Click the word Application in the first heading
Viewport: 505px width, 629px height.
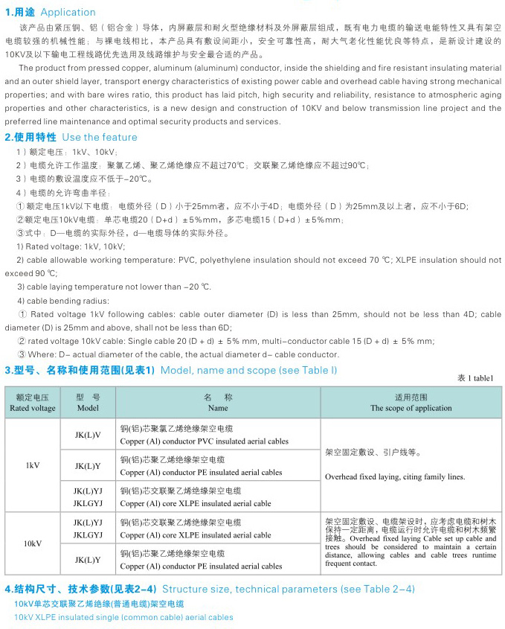(68, 12)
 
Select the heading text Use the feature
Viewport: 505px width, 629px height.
(100, 137)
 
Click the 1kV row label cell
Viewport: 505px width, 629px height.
(33, 465)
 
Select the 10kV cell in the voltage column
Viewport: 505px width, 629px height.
(33, 543)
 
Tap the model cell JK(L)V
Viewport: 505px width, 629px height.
(88, 434)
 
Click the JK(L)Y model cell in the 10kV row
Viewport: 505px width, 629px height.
(88, 559)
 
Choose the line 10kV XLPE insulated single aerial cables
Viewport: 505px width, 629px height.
(123, 617)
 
